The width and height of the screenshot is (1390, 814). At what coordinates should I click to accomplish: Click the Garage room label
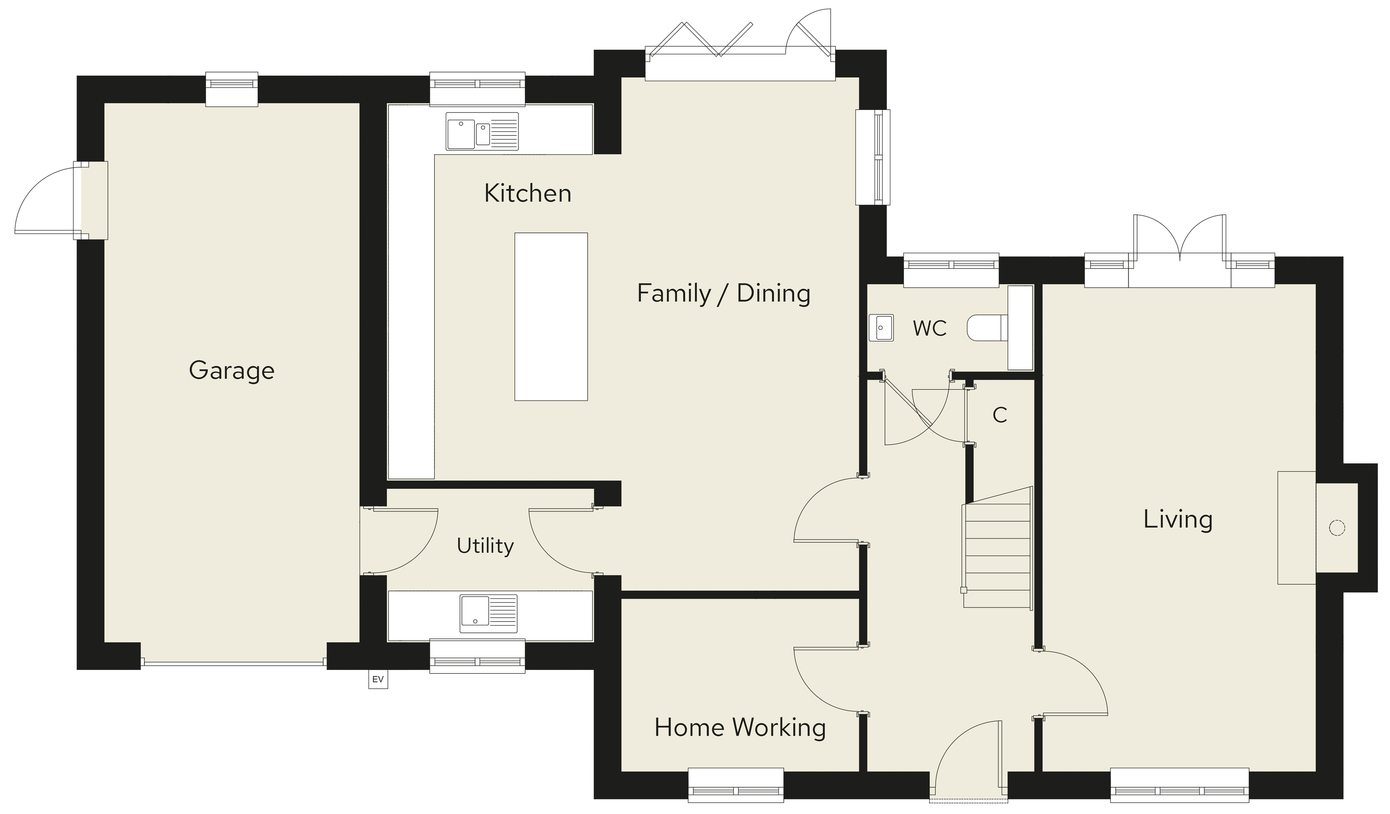coord(232,371)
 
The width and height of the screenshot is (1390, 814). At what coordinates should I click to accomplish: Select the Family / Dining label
coord(724,293)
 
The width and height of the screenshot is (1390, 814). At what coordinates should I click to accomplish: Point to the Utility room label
coord(485,546)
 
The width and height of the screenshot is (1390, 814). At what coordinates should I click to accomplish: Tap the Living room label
coord(1178,519)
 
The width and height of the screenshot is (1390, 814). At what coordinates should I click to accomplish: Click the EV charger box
coord(378,679)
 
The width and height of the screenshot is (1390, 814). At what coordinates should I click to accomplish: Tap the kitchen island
coord(551,317)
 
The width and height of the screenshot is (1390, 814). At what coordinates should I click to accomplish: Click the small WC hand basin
coord(881,328)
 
